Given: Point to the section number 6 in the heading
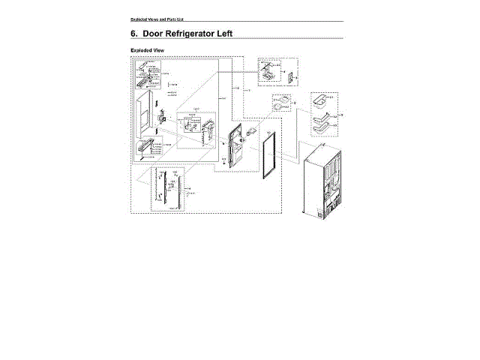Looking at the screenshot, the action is click(133, 34).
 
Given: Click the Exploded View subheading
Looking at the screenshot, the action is click(147, 51).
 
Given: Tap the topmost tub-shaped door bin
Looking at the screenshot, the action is click(321, 99).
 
